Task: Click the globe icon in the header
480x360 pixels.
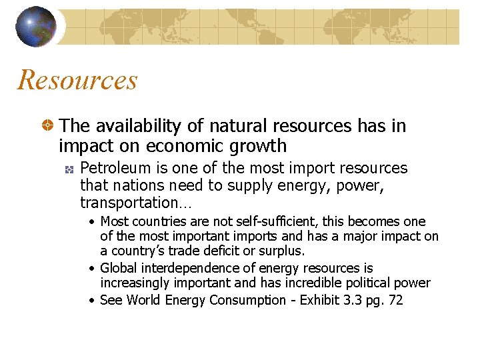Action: [36, 27]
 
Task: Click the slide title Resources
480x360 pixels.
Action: [77, 81]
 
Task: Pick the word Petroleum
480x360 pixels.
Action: [111, 168]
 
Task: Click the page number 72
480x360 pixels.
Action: [395, 300]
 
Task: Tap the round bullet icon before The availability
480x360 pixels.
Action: [48, 125]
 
